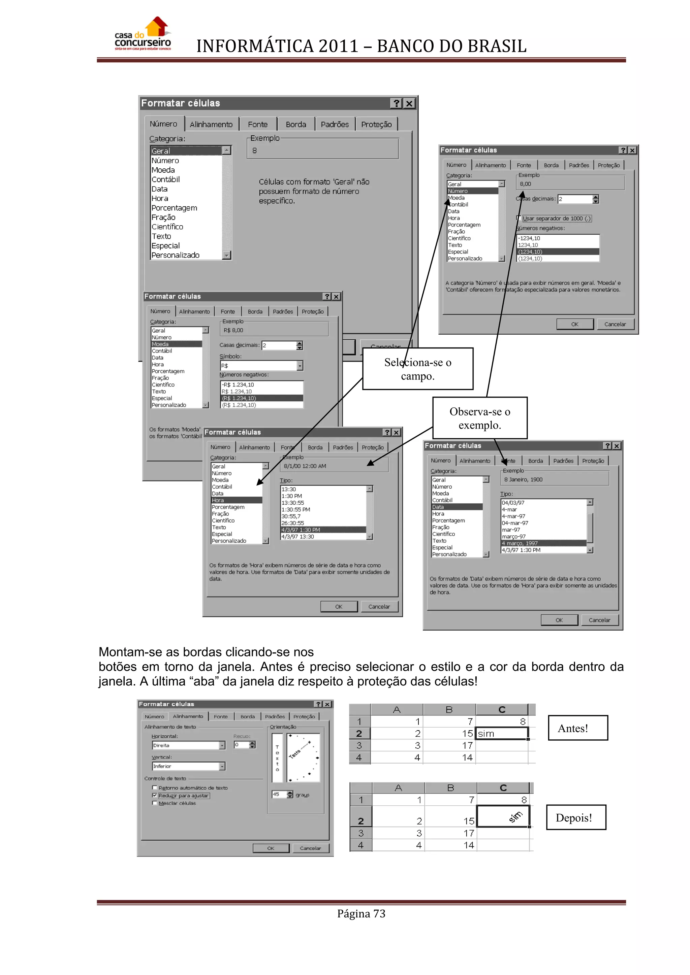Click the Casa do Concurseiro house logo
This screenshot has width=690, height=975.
(x=143, y=34)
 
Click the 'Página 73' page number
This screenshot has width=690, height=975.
(x=361, y=913)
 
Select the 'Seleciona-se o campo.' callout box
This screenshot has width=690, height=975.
(x=418, y=369)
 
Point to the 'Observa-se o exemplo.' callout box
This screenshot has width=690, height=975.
(x=480, y=418)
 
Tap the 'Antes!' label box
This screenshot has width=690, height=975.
(x=577, y=728)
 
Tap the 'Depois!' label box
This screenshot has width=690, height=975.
(x=576, y=817)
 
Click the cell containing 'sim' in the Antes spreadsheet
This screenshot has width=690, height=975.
(x=502, y=733)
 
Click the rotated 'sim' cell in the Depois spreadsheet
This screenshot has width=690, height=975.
(x=503, y=816)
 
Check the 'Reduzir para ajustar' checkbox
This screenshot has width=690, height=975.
(x=155, y=795)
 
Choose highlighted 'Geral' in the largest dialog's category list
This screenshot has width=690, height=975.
(x=186, y=151)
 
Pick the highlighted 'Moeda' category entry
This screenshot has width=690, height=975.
(x=176, y=344)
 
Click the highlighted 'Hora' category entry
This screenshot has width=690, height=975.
(x=236, y=500)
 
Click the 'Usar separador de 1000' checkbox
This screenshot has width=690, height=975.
(x=519, y=218)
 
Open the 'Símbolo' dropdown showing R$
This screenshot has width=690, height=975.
(x=300, y=366)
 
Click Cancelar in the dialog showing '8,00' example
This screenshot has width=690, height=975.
(x=615, y=324)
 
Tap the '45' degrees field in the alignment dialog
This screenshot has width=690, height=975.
(x=277, y=794)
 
